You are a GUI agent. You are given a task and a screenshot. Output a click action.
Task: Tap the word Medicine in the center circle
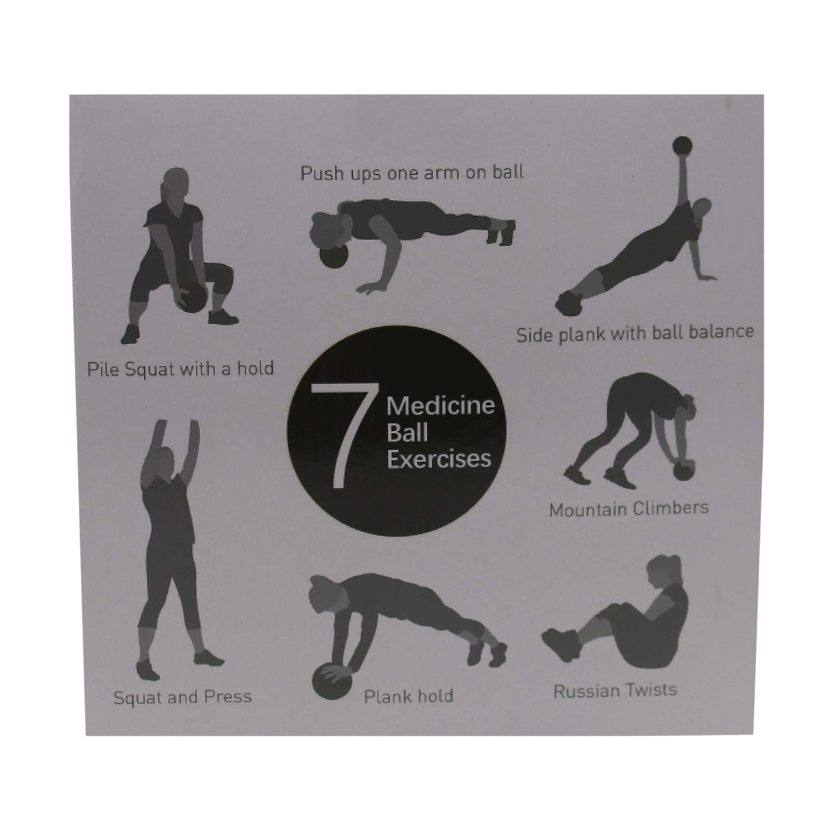(441, 406)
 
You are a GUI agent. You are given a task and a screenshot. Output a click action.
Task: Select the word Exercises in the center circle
(439, 458)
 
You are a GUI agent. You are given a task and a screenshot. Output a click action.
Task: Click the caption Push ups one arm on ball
(412, 172)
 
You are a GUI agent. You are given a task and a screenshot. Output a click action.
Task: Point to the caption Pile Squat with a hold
(180, 369)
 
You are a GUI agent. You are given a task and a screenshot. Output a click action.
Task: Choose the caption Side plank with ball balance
(635, 333)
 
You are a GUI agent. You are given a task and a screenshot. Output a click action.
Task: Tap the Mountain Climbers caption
(628, 509)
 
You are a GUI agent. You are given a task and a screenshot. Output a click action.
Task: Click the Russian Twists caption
(615, 689)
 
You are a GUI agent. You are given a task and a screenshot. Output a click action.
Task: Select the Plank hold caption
(408, 696)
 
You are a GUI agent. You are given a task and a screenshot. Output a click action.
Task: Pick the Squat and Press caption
(182, 697)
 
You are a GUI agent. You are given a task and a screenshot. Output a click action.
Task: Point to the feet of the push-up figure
(504, 232)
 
